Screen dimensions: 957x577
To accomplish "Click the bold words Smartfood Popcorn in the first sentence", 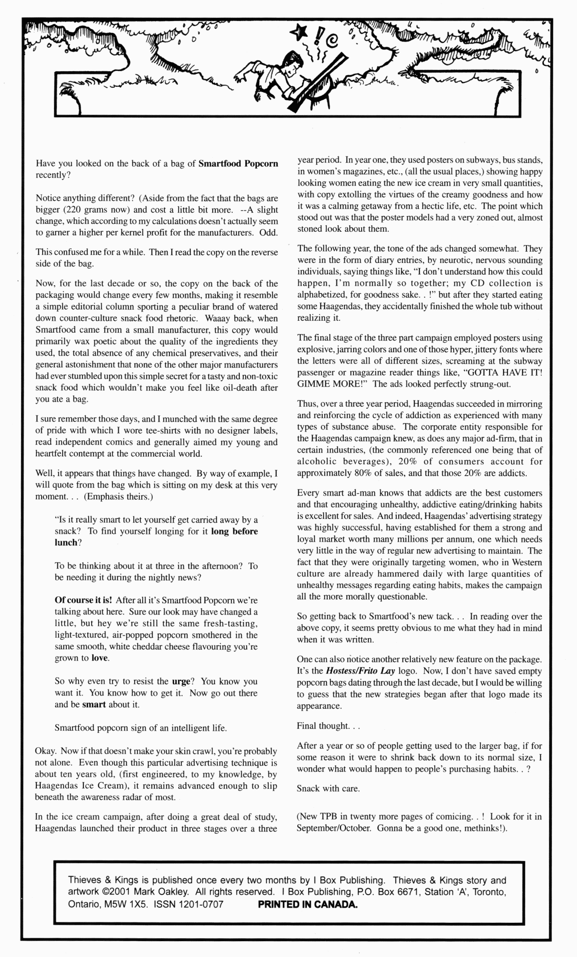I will (x=238, y=164).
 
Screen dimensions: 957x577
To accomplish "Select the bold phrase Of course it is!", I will (x=83, y=600).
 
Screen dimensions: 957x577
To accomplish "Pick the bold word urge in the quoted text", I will (x=181, y=681).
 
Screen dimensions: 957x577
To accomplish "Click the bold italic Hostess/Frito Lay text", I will (x=360, y=671).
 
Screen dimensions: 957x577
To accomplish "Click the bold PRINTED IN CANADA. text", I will (x=307, y=904).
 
